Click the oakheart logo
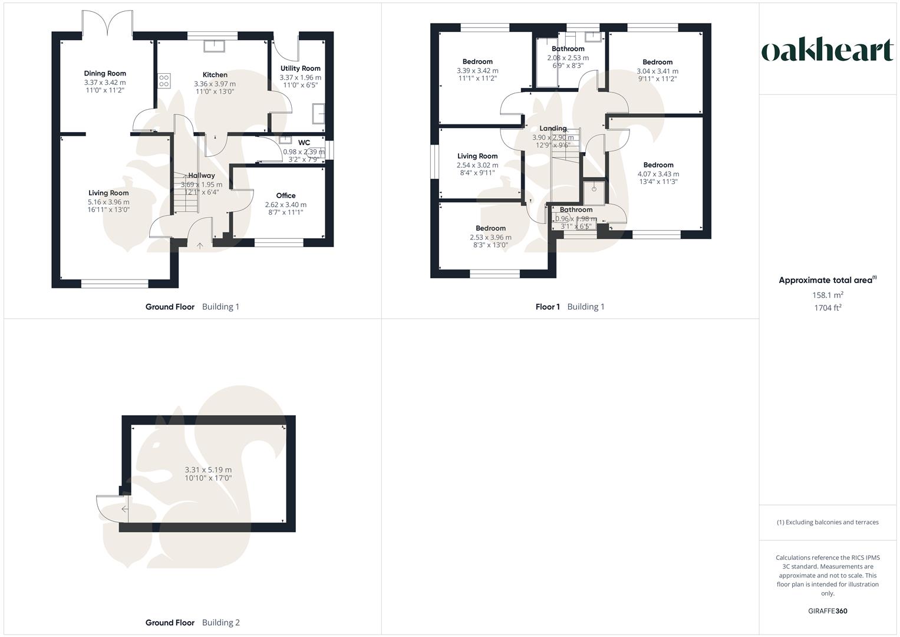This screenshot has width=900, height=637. (x=828, y=50)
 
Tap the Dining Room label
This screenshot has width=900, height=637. (x=105, y=74)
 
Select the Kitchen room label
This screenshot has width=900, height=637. (x=215, y=75)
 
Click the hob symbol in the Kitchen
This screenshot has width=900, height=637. (x=164, y=81)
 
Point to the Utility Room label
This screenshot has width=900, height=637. (x=300, y=68)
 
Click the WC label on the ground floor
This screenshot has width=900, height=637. (x=304, y=143)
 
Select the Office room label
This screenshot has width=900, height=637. (x=286, y=196)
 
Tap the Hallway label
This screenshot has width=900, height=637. (x=202, y=175)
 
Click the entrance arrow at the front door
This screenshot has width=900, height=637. (x=199, y=245)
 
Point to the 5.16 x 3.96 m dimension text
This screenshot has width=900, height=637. (x=108, y=202)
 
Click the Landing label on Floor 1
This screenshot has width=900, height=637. (x=553, y=129)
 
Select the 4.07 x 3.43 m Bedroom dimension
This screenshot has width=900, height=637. (x=658, y=174)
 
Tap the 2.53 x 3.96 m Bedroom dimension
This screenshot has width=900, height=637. (x=490, y=237)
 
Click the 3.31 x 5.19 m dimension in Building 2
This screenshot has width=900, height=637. (x=208, y=469)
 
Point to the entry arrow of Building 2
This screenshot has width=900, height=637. (x=124, y=509)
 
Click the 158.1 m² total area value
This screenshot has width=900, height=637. (x=828, y=295)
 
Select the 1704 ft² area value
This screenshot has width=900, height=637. (x=828, y=307)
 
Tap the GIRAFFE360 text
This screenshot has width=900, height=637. (x=828, y=611)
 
